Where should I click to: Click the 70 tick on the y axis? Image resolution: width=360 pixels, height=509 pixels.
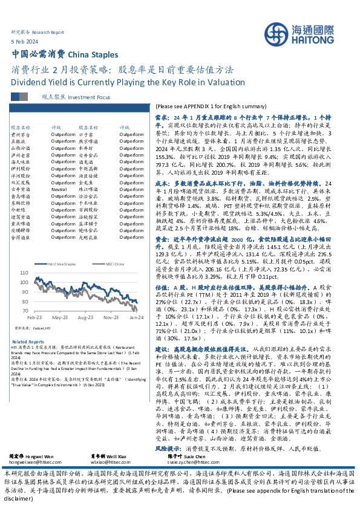pos(25,310)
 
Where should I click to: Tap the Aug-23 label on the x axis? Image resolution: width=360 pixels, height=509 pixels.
pos(86,316)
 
